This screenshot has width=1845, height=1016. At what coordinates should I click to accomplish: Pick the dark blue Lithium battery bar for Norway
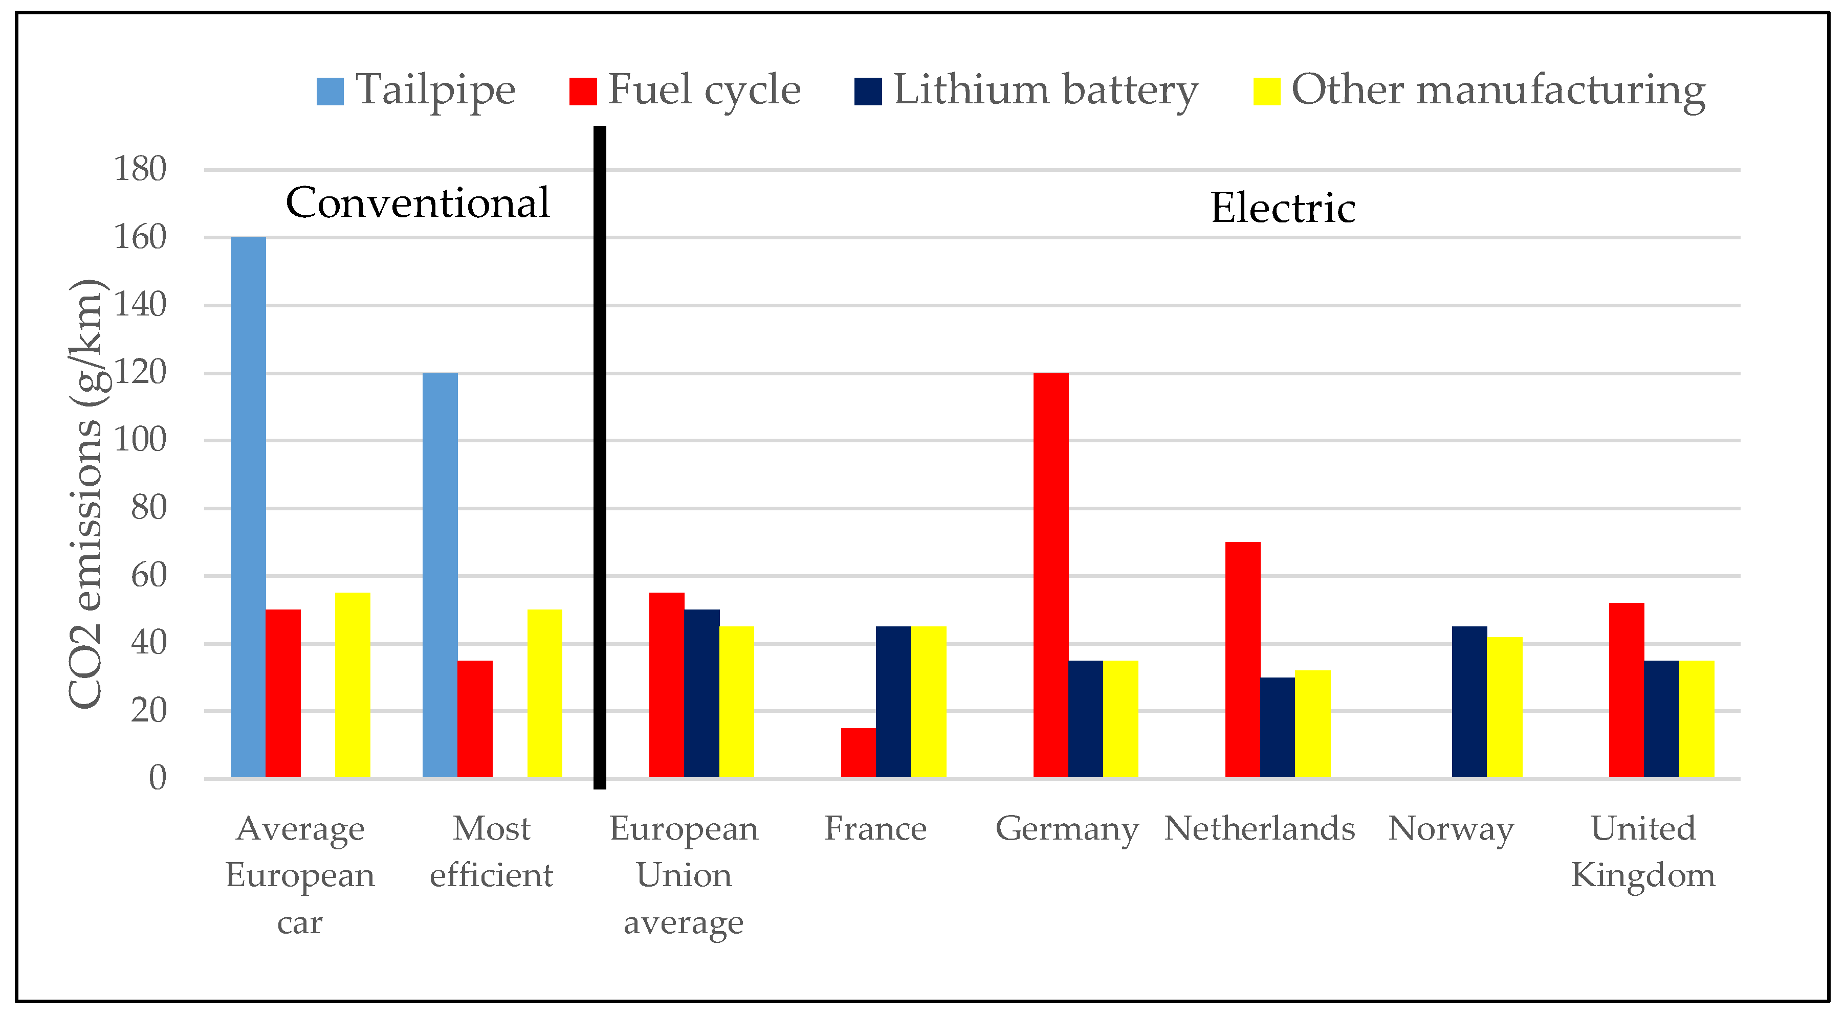tap(1469, 702)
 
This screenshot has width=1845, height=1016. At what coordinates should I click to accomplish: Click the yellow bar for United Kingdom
tap(1696, 719)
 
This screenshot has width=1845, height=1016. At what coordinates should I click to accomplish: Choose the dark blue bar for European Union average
tap(701, 693)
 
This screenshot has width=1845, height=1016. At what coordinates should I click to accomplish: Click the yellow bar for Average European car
tap(353, 685)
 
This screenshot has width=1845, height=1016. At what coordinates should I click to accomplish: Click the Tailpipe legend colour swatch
tap(330, 92)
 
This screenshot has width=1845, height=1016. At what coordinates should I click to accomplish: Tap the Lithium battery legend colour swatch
tap(867, 92)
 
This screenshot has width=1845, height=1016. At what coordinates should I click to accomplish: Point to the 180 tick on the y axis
tap(140, 170)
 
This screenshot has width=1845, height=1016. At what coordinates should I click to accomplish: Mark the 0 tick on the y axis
tap(157, 778)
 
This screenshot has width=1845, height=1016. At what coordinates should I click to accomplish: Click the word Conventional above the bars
tap(418, 202)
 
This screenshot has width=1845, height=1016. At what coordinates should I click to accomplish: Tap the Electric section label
tap(1283, 208)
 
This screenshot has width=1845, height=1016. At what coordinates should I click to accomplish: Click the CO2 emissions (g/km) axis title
tap(87, 494)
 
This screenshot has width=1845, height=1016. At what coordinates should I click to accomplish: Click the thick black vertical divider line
tap(600, 458)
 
